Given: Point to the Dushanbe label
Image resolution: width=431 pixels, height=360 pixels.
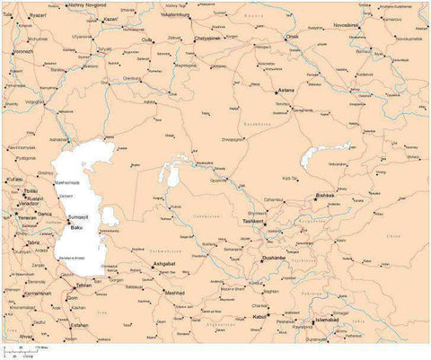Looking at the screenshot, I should tap(274, 259).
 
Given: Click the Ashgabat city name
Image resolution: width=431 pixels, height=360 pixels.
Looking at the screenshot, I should tap(164, 263).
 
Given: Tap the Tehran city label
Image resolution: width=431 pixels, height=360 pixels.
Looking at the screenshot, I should tap(85, 285).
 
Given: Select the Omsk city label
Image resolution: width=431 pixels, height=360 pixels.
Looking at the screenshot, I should tap(292, 37).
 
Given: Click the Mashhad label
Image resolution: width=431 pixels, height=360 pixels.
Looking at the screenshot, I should tap(174, 292).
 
